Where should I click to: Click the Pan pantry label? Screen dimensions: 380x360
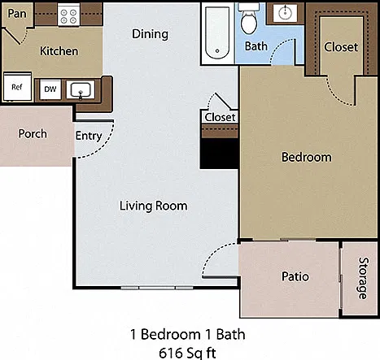(17, 13)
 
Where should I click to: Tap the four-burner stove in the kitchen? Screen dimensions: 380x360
(68, 16)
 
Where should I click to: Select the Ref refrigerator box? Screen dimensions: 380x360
(17, 87)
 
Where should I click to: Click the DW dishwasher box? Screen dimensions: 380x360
(50, 89)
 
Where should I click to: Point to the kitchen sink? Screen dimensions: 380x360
(81, 90)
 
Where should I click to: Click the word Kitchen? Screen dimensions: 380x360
(59, 51)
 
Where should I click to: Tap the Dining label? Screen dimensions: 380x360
(150, 34)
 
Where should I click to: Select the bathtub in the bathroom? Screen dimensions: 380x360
(217, 33)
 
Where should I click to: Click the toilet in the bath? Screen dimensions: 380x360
(249, 20)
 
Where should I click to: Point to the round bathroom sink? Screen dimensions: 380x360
(285, 12)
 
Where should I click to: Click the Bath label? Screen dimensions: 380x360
(256, 46)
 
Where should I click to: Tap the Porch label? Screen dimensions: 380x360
(33, 134)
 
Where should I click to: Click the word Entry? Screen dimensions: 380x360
(89, 136)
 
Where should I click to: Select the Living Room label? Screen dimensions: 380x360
(154, 206)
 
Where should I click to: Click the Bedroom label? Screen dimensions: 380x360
(307, 158)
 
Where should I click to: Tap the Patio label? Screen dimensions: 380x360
(295, 276)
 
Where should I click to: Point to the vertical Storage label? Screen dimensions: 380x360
(364, 278)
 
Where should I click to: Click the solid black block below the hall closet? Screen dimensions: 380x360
(220, 154)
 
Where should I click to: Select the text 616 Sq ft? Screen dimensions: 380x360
(187, 353)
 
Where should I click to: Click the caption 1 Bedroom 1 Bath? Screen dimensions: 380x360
(188, 334)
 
